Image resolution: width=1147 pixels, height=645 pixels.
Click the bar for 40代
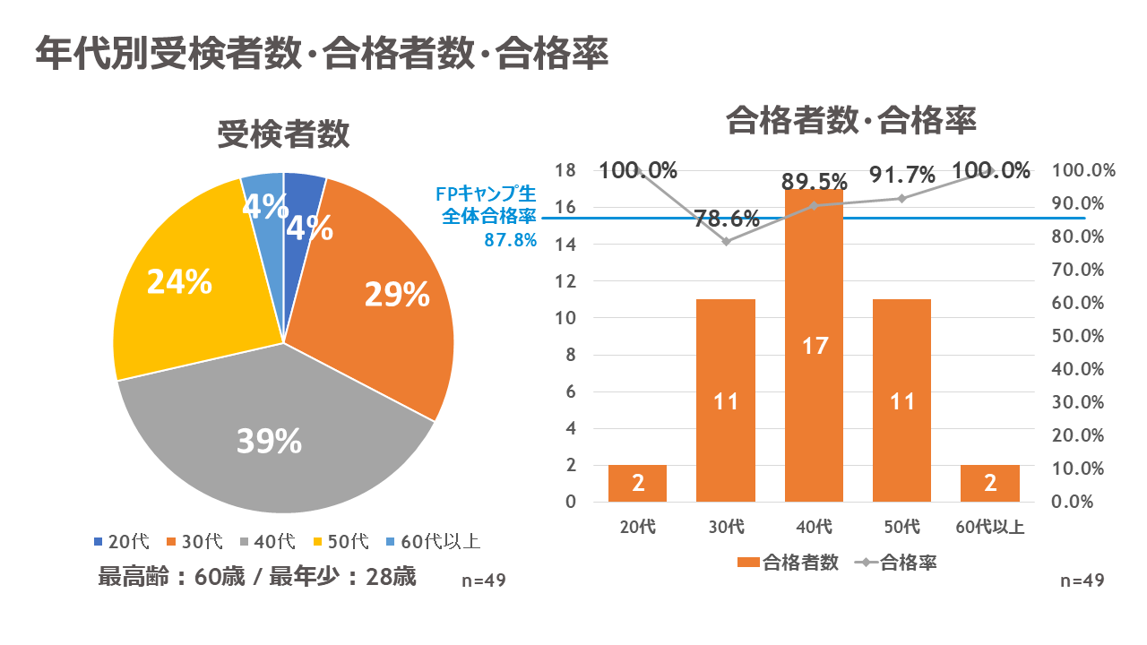coord(814,345)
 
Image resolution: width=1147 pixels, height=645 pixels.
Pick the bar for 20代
coord(637,484)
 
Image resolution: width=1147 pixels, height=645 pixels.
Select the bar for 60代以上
coord(990,484)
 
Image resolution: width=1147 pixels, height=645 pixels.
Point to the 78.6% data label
coord(726,218)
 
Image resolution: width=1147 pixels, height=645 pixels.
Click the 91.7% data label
coord(901,174)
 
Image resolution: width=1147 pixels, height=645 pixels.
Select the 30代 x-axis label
coord(726,527)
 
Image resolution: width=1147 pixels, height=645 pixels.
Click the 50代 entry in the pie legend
coord(341,541)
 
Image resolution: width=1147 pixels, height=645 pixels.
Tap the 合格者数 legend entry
coord(789,563)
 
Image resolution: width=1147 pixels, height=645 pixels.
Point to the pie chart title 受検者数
coord(283,135)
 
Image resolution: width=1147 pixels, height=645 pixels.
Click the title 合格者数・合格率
coord(850,119)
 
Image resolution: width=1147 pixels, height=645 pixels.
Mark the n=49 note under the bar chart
coord(1082,580)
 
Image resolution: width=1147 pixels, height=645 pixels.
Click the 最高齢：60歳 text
coord(167,576)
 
